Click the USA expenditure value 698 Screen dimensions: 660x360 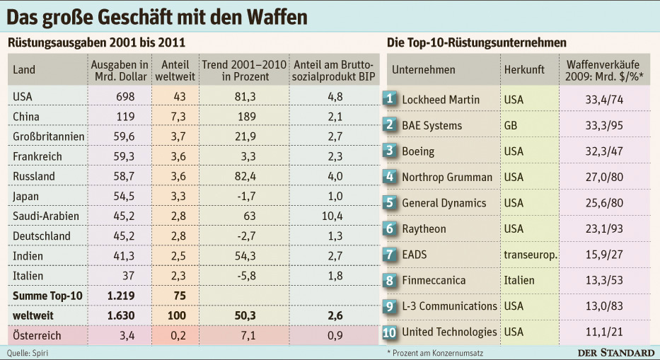click(x=125, y=96)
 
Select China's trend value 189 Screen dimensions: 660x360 click(x=247, y=117)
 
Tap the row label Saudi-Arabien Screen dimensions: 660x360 click(x=46, y=216)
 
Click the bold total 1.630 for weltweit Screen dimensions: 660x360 click(x=121, y=315)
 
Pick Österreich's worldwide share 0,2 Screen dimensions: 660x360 click(x=178, y=335)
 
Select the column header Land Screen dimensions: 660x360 click(x=24, y=69)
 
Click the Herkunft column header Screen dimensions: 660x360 click(x=524, y=69)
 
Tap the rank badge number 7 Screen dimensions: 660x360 click(x=389, y=255)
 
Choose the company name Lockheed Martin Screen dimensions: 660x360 click(x=441, y=100)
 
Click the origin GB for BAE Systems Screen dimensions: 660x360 click(x=511, y=125)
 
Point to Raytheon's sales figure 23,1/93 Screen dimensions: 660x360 click(x=604, y=228)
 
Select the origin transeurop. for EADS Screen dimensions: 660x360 click(x=531, y=255)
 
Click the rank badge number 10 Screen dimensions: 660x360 click(x=389, y=332)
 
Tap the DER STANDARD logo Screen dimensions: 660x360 click(x=616, y=353)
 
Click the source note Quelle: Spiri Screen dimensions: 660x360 click(x=28, y=353)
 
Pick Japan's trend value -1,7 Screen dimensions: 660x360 click(x=246, y=196)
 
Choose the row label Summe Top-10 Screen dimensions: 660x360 click(x=47, y=296)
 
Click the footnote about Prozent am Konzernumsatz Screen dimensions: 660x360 click(x=435, y=353)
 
